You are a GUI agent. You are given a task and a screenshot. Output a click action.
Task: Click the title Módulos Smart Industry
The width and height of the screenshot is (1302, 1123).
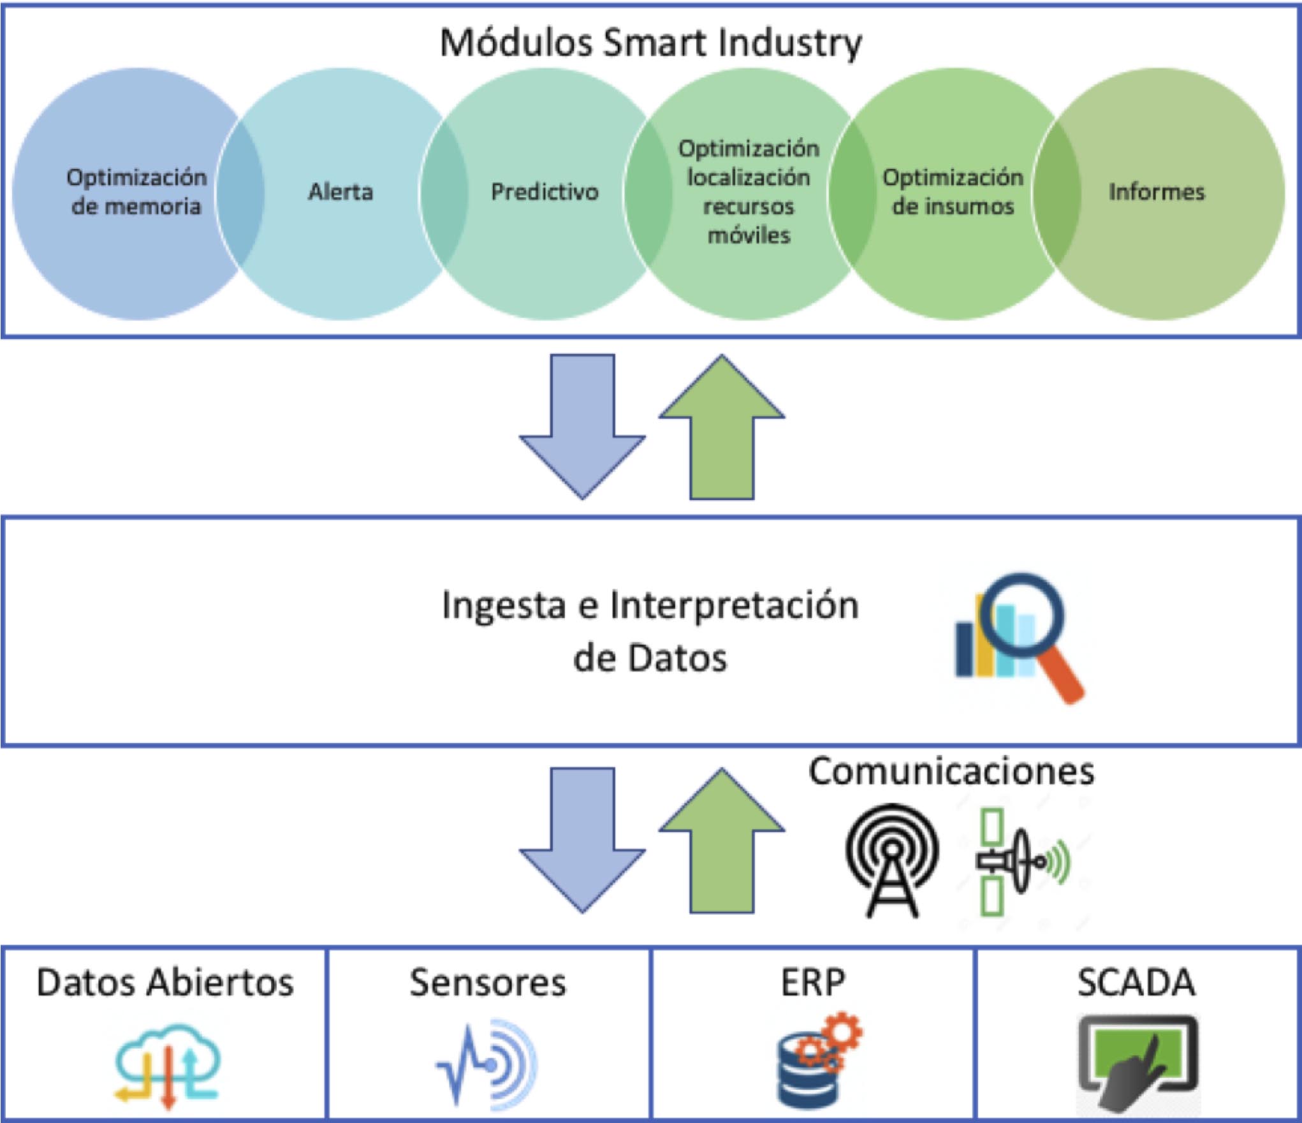point(650,43)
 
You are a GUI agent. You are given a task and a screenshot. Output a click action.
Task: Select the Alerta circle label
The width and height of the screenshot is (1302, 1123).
point(340,191)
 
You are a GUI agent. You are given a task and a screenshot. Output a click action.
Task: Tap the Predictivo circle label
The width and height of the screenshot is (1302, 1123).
point(545,191)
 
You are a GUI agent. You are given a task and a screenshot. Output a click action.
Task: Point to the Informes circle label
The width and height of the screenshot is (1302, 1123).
point(1157,191)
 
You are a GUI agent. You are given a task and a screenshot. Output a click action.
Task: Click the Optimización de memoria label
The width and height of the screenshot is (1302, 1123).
point(136,191)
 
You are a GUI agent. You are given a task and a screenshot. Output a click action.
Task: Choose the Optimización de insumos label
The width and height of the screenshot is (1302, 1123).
point(953,191)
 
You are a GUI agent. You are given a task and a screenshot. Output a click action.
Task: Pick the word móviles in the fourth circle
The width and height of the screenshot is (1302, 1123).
point(749,235)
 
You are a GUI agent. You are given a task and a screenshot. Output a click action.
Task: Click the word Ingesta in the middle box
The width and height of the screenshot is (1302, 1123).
point(504,606)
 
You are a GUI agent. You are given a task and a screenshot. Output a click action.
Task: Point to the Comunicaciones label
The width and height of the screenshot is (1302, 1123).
point(951,771)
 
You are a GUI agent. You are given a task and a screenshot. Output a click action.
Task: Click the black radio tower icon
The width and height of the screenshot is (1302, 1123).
point(892,860)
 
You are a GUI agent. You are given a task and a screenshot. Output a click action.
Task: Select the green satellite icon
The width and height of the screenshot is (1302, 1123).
point(1020,862)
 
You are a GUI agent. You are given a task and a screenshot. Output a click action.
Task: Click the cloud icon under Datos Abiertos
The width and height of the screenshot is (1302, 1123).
point(168,1064)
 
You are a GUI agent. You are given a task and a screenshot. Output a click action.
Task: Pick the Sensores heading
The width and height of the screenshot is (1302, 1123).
point(488,983)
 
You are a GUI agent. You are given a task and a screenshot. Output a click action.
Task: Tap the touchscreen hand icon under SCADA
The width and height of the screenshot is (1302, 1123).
point(1138,1062)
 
